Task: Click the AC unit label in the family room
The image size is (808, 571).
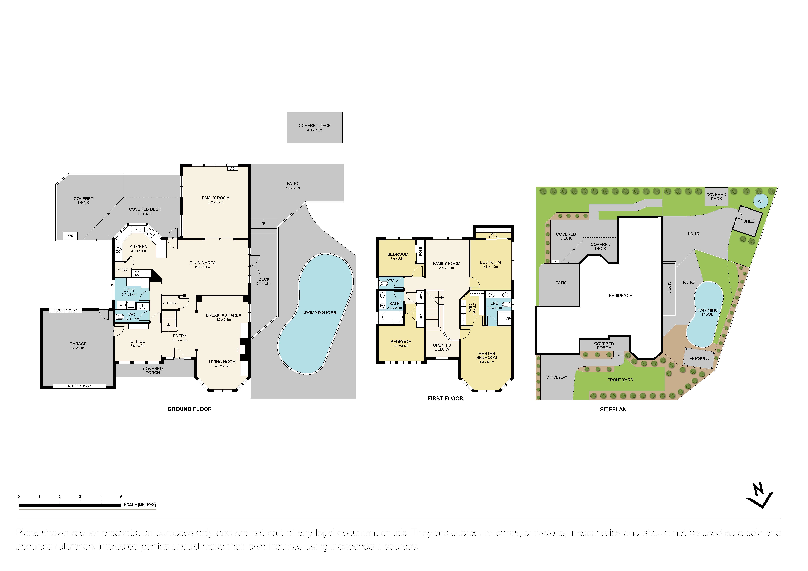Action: click(x=232, y=168)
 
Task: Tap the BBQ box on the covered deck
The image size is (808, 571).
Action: click(x=70, y=236)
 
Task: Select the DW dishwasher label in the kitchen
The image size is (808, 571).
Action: click(x=150, y=234)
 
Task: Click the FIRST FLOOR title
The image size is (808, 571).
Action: click(x=445, y=398)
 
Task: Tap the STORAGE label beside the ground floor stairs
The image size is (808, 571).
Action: click(x=170, y=303)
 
